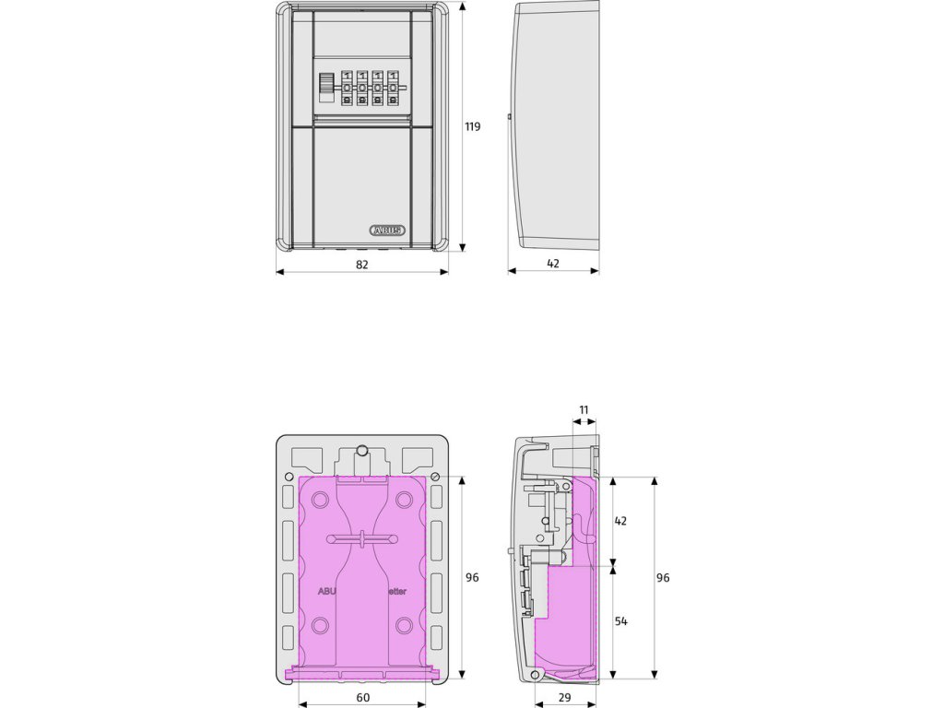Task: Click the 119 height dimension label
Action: pos(472,127)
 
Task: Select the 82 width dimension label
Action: pos(362,264)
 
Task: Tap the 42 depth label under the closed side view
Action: pos(553,264)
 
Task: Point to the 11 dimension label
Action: pos(584,409)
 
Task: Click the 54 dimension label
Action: pos(620,621)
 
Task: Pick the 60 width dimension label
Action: pos(362,698)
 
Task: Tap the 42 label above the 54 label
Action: pos(620,521)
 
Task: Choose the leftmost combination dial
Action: pos(347,89)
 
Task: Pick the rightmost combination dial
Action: pos(394,89)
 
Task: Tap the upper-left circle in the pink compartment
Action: pos(320,500)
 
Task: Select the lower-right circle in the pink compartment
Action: pos(404,627)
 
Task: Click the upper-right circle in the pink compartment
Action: pos(404,500)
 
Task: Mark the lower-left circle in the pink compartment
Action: pos(320,627)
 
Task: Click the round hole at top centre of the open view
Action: pos(363,451)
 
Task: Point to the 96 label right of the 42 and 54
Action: pos(663,578)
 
